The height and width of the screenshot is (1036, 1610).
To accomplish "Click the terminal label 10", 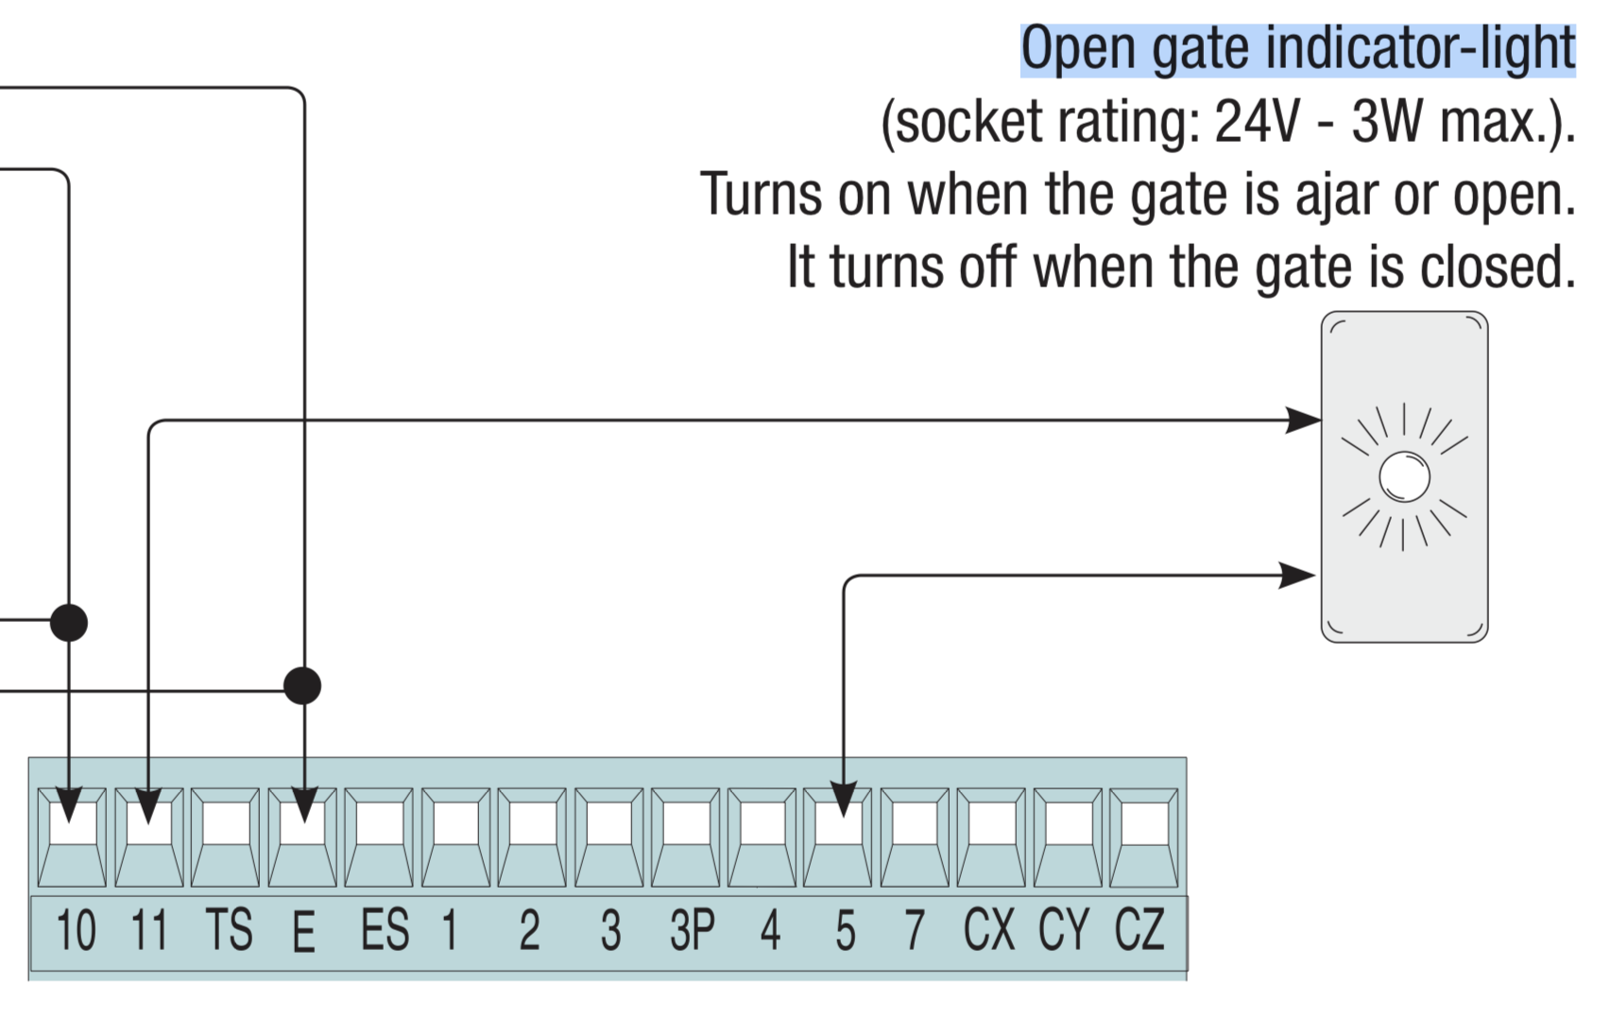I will (x=76, y=930).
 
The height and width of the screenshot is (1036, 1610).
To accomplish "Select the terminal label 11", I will (x=149, y=930).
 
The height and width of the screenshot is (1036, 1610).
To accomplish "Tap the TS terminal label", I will (x=229, y=930).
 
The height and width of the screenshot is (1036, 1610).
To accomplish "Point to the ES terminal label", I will (x=385, y=930).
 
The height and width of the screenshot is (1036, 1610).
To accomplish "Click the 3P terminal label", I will (x=692, y=930).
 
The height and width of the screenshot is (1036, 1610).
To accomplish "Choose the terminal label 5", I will (x=845, y=930).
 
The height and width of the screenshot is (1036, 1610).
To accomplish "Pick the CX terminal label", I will (x=988, y=930).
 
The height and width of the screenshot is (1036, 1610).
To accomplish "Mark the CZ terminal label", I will (x=1139, y=930).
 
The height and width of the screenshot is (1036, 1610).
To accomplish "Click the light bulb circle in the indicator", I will (x=1404, y=476).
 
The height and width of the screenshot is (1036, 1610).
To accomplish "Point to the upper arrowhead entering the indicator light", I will (x=1304, y=420).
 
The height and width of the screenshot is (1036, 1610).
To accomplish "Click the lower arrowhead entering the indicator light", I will (x=1297, y=575).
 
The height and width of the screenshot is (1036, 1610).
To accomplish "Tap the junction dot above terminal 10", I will (x=68, y=623).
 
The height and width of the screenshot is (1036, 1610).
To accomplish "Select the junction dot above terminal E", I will (x=302, y=685).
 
